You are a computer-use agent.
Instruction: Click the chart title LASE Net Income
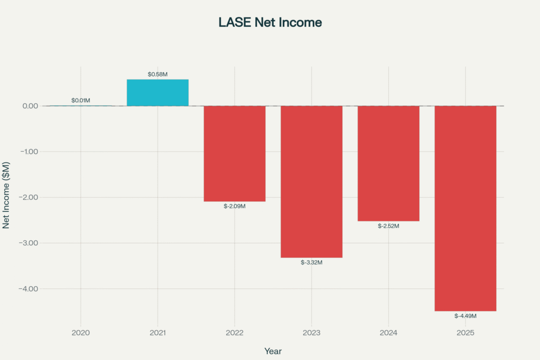click(x=270, y=23)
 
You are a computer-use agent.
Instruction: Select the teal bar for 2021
click(x=158, y=93)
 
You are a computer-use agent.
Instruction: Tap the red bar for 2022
click(x=235, y=153)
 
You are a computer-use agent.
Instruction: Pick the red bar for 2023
click(x=311, y=181)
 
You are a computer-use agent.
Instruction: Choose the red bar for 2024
click(x=389, y=163)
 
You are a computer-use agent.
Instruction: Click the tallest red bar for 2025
click(x=466, y=208)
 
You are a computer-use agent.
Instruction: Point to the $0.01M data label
click(x=81, y=100)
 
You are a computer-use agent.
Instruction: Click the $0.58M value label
click(x=158, y=74)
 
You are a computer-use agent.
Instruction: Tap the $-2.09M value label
click(x=235, y=206)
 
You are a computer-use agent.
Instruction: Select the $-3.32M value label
click(x=311, y=262)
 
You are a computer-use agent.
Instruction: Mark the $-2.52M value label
click(x=389, y=226)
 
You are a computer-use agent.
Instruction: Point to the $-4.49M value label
click(x=466, y=316)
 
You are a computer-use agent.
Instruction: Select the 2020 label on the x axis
click(x=81, y=333)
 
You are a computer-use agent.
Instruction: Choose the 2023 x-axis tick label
click(x=311, y=333)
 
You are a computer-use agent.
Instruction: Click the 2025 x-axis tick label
click(x=466, y=333)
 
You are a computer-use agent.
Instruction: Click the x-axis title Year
click(x=273, y=351)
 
